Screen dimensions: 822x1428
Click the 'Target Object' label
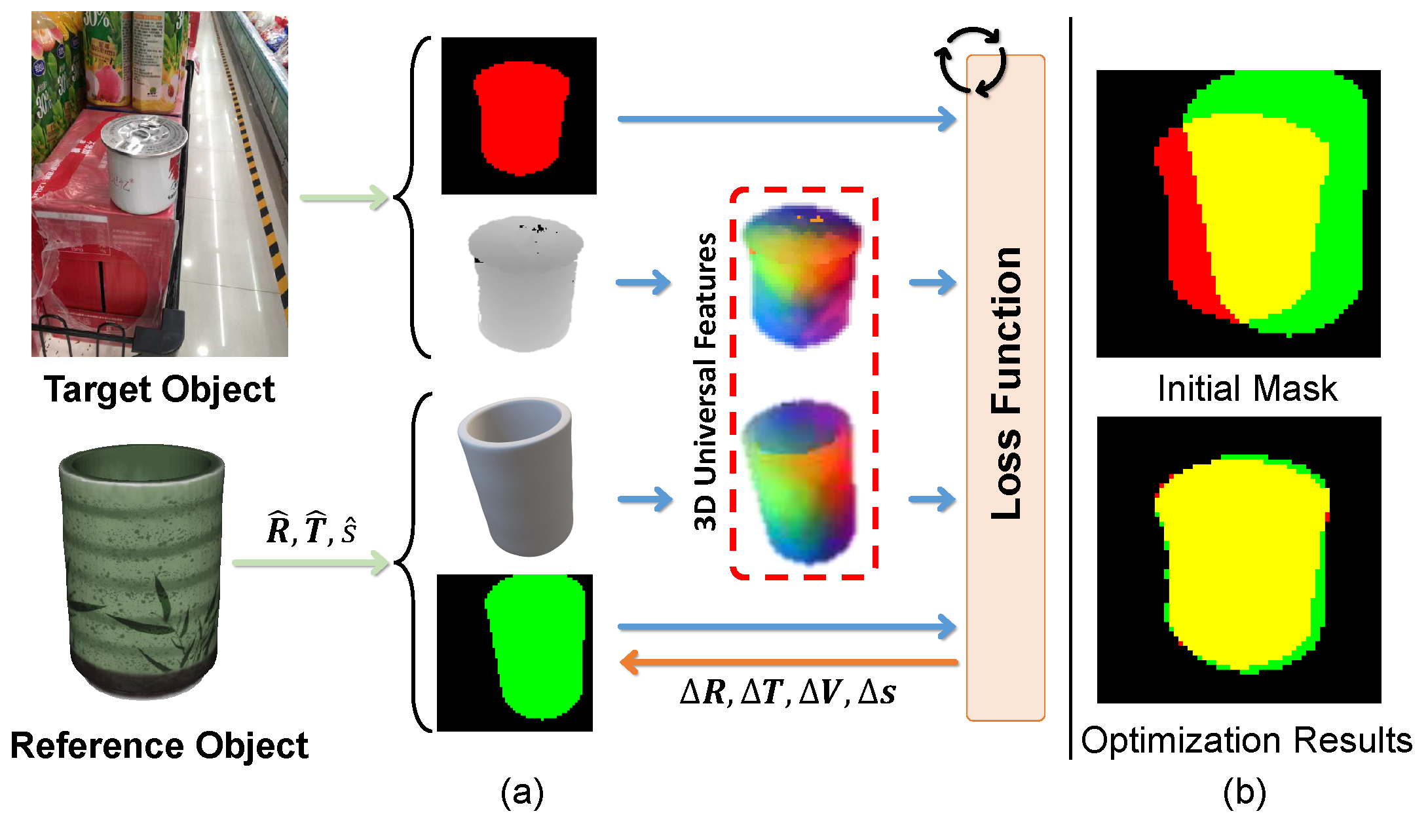coord(159,390)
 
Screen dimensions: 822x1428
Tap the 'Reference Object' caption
coord(159,745)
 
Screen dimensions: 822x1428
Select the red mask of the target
coord(521,118)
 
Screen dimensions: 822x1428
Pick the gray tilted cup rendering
coord(517,475)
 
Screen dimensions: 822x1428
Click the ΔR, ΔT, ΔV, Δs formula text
coord(788,692)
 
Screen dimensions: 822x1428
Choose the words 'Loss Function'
coord(1006,383)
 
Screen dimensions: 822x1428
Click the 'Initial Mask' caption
coord(1247,388)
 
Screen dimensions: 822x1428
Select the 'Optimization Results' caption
coord(1247,741)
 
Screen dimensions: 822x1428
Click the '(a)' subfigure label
coord(522,793)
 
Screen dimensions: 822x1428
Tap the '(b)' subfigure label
coord(1244,793)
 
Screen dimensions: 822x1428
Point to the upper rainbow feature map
coord(802,275)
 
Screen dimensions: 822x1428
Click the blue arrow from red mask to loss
coord(786,119)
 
